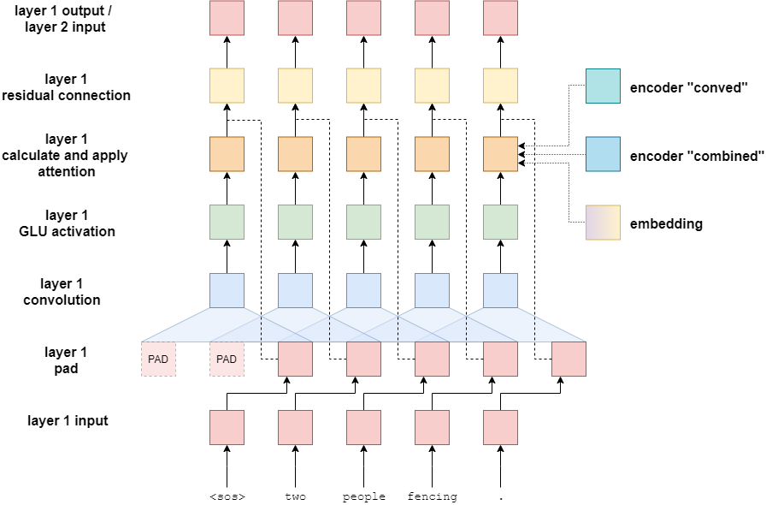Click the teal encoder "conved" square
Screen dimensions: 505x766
coord(603,86)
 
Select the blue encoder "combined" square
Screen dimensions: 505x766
coord(603,154)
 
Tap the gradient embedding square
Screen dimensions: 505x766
coord(603,223)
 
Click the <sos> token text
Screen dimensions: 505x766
coord(227,496)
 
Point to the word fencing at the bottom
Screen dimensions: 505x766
coord(432,496)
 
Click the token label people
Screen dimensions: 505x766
coord(363,496)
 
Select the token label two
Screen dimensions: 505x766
coord(295,496)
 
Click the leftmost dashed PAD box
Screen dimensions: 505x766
coord(158,359)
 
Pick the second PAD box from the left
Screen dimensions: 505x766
coord(227,359)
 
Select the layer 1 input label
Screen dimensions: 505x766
coord(68,421)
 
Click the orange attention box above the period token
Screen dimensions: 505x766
coord(500,154)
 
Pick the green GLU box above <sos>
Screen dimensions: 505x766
coord(227,223)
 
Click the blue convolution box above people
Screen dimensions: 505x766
coord(363,291)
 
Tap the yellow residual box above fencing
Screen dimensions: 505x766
coord(432,86)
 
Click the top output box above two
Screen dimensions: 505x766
coord(295,18)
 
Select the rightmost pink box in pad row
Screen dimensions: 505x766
coord(569,359)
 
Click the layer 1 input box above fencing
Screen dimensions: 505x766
coord(432,427)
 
